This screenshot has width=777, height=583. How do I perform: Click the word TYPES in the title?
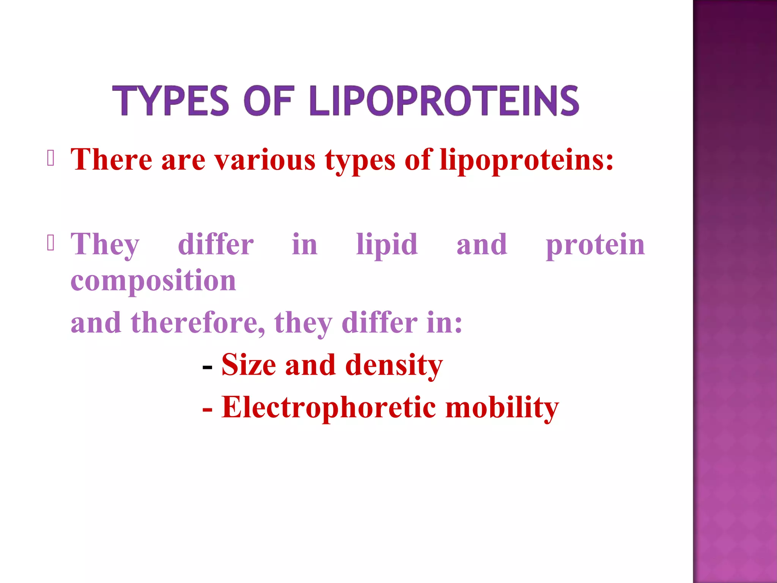pyautogui.click(x=171, y=101)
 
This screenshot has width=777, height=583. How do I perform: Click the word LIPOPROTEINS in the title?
pyautogui.click(x=444, y=101)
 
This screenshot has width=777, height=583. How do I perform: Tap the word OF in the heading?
pyautogui.click(x=269, y=101)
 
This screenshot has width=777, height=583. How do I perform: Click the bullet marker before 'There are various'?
pyautogui.click(x=51, y=158)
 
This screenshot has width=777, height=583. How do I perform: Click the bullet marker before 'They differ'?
pyautogui.click(x=51, y=243)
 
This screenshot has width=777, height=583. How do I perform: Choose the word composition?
pyautogui.click(x=153, y=281)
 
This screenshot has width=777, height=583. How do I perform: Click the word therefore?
pyautogui.click(x=198, y=323)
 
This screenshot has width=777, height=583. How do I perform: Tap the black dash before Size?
pyautogui.click(x=207, y=367)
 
